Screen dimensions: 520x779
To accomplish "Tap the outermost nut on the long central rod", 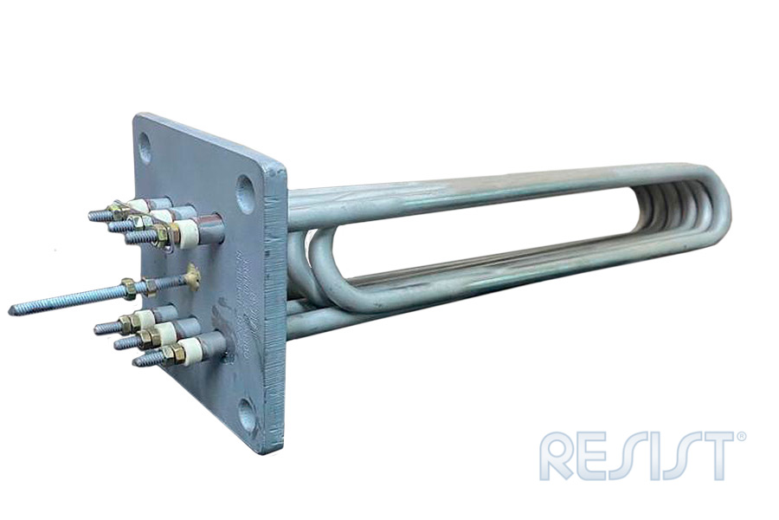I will click(x=128, y=289).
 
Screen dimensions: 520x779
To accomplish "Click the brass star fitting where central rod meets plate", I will click(x=192, y=277).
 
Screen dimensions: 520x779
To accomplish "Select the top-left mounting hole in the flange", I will click(x=145, y=148).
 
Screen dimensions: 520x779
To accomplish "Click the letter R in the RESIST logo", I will click(x=558, y=457).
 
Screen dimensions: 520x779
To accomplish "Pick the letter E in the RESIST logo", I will click(x=598, y=457).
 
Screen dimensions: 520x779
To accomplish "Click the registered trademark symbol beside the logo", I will click(x=742, y=437).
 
